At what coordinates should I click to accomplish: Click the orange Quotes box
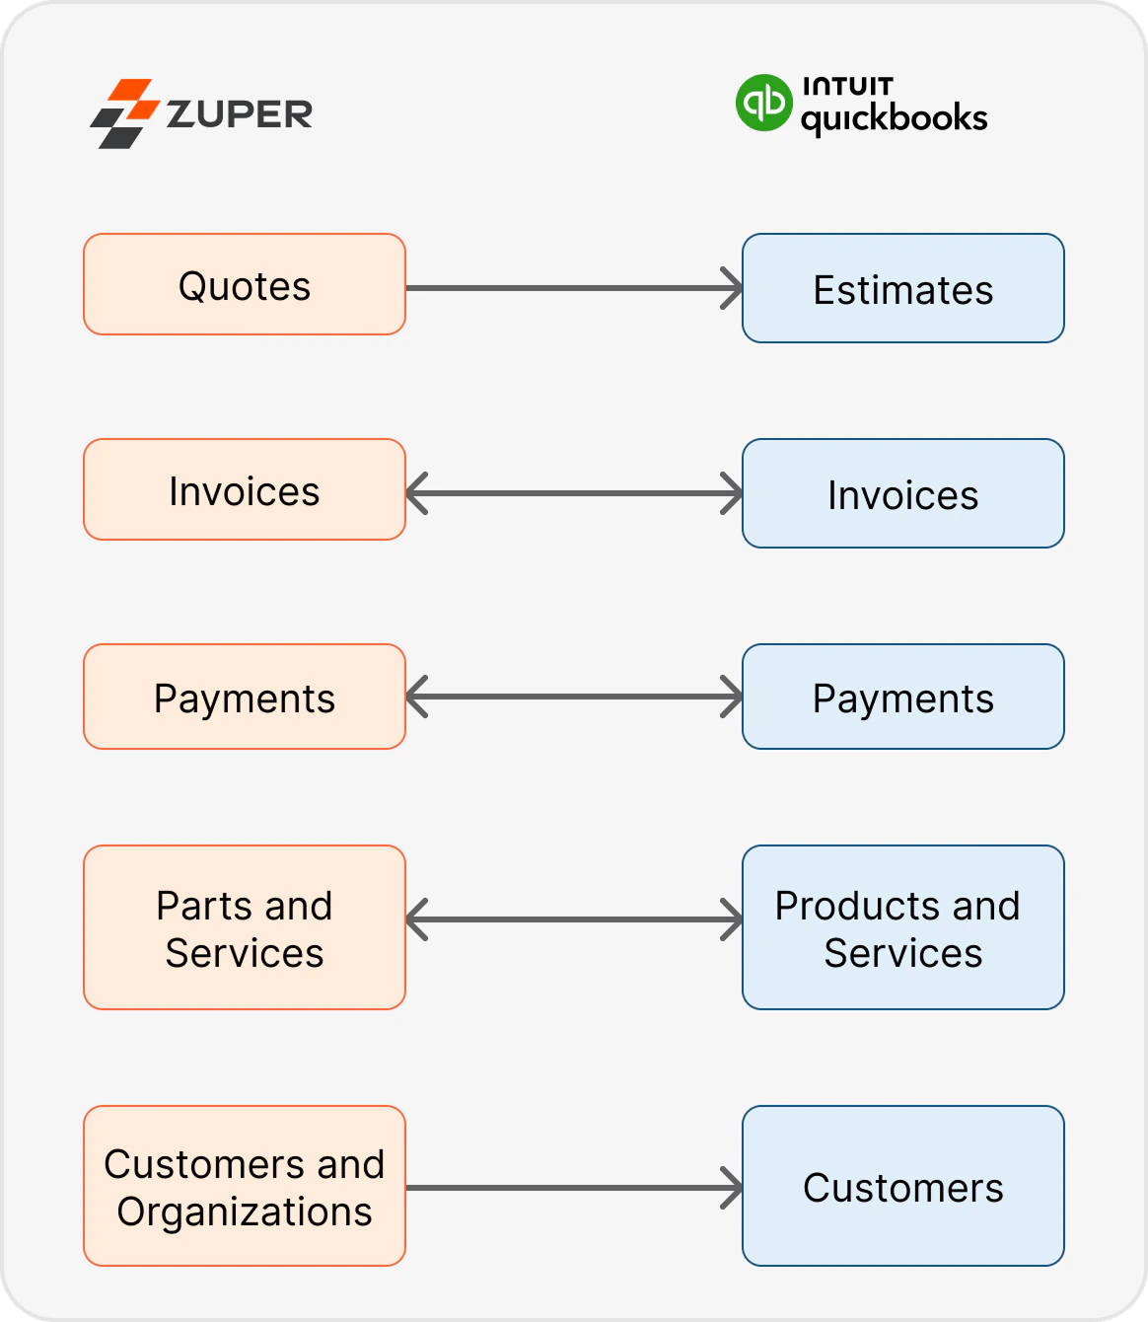[244, 284]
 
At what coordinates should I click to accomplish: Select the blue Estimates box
[902, 288]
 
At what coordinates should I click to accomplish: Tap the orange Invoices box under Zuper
[244, 489]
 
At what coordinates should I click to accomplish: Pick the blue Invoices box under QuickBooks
[902, 493]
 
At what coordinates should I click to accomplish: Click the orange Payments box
[244, 697]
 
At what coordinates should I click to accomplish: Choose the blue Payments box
[902, 697]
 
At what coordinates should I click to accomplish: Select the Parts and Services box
[244, 927]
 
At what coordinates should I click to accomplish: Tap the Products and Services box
[902, 927]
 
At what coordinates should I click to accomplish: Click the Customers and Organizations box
[244, 1186]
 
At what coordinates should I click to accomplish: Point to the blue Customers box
[902, 1186]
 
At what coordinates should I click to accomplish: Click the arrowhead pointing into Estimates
[732, 288]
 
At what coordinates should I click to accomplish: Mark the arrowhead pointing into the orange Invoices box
[416, 493]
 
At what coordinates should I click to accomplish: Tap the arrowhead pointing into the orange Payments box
[416, 697]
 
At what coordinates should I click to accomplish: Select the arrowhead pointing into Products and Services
[732, 919]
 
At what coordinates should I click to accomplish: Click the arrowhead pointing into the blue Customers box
[732, 1188]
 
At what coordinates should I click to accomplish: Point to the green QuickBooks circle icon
[763, 103]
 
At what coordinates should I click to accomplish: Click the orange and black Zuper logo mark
[124, 113]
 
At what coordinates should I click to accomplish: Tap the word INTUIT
[848, 86]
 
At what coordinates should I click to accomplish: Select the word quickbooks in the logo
[895, 118]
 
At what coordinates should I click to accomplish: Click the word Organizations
[244, 1211]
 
